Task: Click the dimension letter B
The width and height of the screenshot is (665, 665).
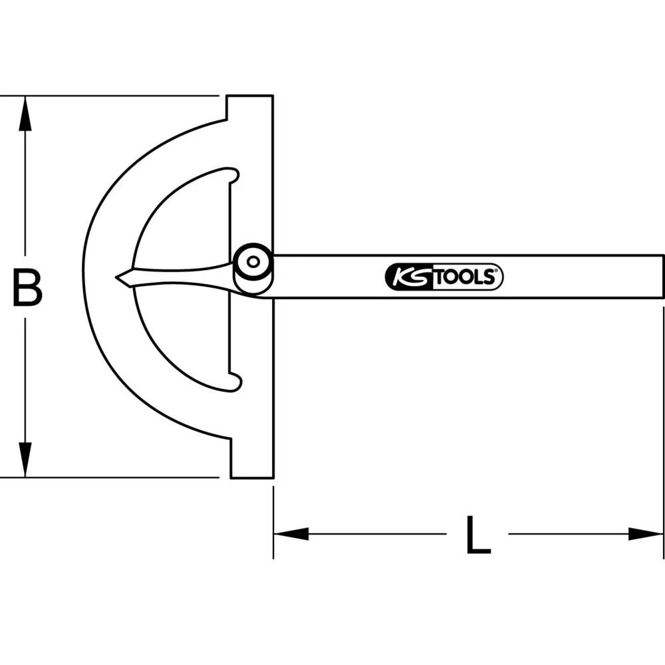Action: [x=27, y=287]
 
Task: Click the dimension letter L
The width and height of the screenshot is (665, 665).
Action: [x=477, y=535]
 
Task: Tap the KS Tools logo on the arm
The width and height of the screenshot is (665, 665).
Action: [x=444, y=277]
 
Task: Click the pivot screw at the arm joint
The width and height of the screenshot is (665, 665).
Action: [x=253, y=262]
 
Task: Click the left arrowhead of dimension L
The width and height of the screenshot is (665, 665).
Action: [x=290, y=533]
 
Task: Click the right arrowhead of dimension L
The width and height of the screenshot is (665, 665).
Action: [x=646, y=533]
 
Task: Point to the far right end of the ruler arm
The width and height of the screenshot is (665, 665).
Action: [x=661, y=276]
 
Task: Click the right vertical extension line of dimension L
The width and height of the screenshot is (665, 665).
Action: [x=664, y=432]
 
